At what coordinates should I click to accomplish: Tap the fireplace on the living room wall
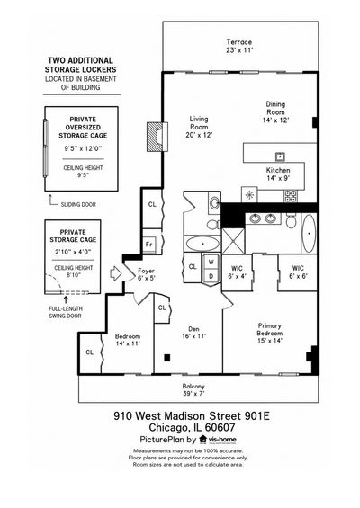pos(157,137)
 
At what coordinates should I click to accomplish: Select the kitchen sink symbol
pos(280,156)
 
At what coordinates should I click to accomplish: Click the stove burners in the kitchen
pos(291,196)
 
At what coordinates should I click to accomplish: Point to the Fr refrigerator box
pos(149,245)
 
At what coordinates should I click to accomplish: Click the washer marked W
pos(211,262)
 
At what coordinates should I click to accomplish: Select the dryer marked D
pos(211,276)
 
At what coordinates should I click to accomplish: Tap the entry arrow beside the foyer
pos(116,273)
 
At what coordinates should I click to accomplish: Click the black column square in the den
pos(167,358)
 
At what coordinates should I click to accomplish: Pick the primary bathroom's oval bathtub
pos(309,234)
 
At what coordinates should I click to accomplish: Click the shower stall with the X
pos(233,241)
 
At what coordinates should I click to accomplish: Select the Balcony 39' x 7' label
pos(193,389)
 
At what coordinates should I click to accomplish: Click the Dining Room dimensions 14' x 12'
pos(275,120)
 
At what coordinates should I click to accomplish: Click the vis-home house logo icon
pos(203,440)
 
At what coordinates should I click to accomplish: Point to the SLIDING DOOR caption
pos(78,204)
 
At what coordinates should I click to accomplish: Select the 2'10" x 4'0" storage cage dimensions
pos(73,252)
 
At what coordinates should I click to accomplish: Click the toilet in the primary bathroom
pos(292,221)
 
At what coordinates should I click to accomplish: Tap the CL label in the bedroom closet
pos(89,352)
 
